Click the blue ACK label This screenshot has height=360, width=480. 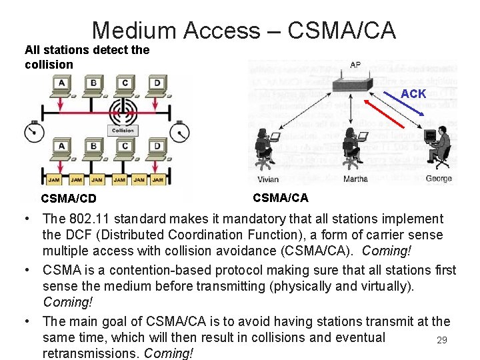tap(413, 94)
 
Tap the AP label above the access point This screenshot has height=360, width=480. tap(356, 65)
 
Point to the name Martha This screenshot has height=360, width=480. tap(355, 179)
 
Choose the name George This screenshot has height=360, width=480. tap(438, 179)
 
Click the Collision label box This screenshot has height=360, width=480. tap(123, 131)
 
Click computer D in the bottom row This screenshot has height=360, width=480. tap(156, 148)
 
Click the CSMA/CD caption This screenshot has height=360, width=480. tap(68, 198)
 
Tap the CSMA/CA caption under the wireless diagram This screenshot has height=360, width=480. tap(281, 197)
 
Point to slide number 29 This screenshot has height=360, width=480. tap(441, 341)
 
